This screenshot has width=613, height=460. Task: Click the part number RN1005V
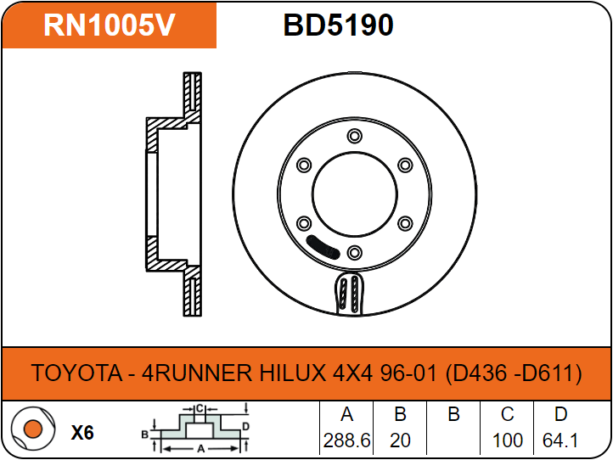[x=109, y=25]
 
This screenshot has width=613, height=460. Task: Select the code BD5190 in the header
[x=338, y=25]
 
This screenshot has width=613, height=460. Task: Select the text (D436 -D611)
[x=514, y=373]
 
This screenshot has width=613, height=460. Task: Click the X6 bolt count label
[x=82, y=433]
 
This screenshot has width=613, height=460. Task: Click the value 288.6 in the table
[x=346, y=441]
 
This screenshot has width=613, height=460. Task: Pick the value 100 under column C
[x=507, y=441]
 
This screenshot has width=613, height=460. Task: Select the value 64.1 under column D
[x=560, y=441]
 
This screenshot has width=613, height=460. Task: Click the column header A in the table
[x=346, y=415]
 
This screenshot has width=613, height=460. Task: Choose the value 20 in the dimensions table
[x=400, y=441]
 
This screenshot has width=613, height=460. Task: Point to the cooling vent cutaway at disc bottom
[x=349, y=295]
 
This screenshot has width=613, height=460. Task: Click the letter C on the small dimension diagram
[x=200, y=408]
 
